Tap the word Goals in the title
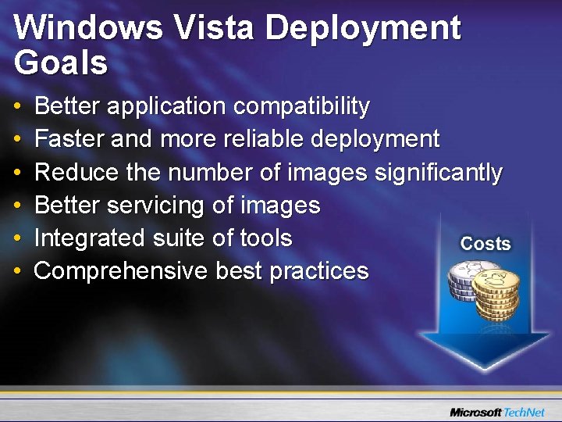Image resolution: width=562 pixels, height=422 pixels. pyautogui.click(x=60, y=63)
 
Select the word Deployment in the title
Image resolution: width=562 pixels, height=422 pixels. pyautogui.click(x=363, y=30)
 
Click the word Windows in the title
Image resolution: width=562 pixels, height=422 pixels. pyautogui.click(x=87, y=28)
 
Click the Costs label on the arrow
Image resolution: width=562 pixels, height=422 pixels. pyautogui.click(x=485, y=243)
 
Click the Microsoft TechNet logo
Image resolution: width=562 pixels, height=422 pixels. pyautogui.click(x=500, y=411)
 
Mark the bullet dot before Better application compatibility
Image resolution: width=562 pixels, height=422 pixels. pyautogui.click(x=18, y=106)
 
